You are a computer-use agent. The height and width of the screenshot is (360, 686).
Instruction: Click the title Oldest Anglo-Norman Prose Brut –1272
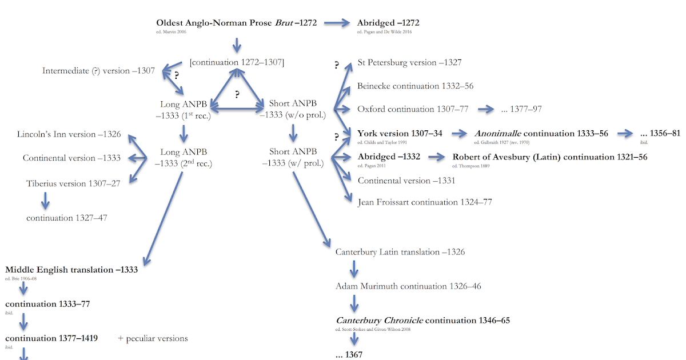pos(236,23)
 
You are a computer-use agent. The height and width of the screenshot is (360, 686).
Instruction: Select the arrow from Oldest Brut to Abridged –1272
pos(337,23)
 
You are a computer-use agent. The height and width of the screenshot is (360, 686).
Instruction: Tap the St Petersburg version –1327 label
pos(409,62)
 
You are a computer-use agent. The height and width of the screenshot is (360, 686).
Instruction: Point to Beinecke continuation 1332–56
pos(415,86)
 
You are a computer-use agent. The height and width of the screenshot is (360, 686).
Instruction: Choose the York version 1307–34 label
pos(400,133)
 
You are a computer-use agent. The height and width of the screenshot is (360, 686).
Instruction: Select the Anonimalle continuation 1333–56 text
pos(541,133)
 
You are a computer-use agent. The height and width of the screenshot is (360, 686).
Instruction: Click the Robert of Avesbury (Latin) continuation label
pos(549,157)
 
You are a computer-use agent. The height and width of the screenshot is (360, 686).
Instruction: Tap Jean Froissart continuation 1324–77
pos(425,202)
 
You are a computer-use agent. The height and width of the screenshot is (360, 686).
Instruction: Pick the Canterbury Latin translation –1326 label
pos(400,251)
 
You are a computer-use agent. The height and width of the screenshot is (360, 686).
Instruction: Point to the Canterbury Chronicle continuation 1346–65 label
pos(422,320)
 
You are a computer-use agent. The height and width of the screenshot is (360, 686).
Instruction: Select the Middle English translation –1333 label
pos(71,269)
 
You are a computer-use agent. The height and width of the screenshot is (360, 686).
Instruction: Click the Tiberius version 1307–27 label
pos(73,183)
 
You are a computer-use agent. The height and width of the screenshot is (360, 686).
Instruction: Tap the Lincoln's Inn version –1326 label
pos(69,134)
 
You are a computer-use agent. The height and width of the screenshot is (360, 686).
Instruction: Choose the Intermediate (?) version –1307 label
pos(98,71)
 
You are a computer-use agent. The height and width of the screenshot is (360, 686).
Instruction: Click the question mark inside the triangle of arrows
pos(237,94)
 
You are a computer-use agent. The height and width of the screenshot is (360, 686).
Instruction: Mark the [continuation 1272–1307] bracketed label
pos(237,62)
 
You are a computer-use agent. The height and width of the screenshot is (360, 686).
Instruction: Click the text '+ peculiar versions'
pos(153,338)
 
